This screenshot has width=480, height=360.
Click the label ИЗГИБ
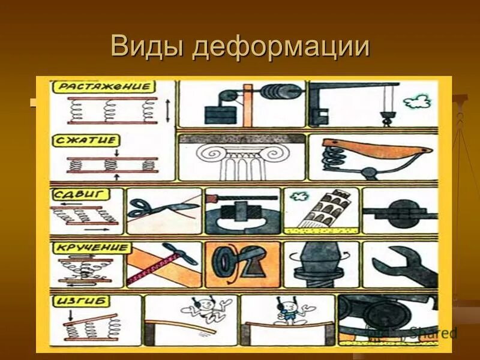point(76,301)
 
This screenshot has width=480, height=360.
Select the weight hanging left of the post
point(220,113)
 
